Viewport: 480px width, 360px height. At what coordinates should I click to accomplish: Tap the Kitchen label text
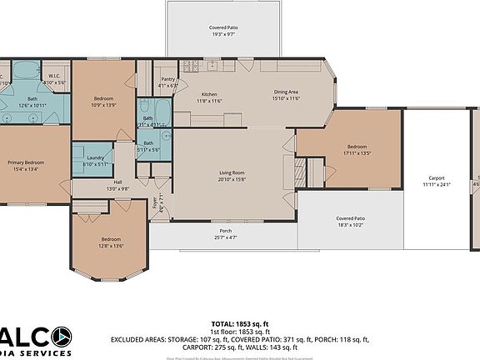click(209, 94)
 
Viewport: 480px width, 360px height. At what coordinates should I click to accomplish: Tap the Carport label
click(436, 177)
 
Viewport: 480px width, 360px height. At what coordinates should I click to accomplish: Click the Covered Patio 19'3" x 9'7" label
click(222, 27)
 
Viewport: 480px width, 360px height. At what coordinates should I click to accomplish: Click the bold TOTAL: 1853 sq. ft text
click(239, 322)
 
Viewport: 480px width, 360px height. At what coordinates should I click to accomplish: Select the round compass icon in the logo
click(61, 337)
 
